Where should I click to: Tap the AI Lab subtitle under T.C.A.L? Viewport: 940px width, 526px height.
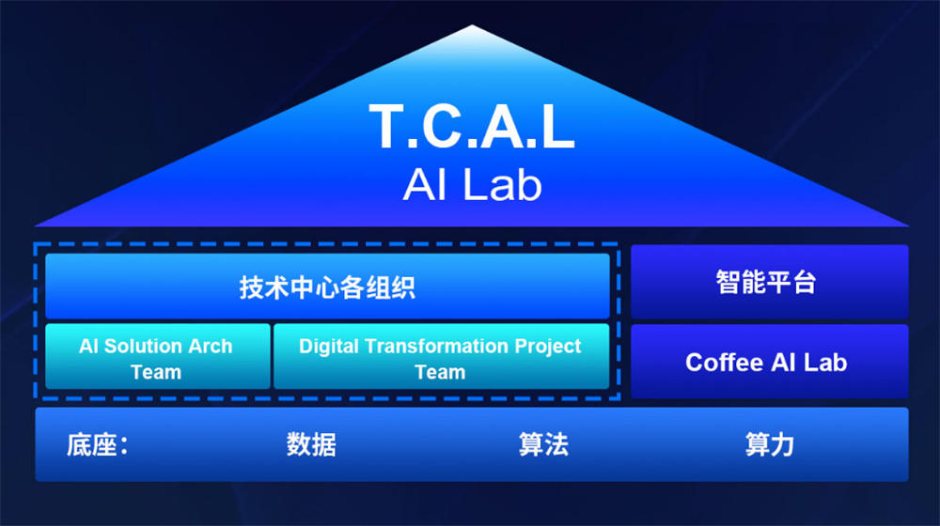click(x=472, y=185)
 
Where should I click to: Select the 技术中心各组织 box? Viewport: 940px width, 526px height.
click(x=327, y=286)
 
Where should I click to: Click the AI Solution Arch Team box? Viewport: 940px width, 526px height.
click(x=157, y=357)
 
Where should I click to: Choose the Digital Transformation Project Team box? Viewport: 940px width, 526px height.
click(x=441, y=357)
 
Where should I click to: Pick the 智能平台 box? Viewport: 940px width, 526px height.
click(x=768, y=282)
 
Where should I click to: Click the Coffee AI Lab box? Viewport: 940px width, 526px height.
click(x=768, y=362)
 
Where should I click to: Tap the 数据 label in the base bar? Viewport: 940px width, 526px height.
click(x=311, y=444)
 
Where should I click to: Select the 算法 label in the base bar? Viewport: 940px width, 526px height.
click(x=543, y=444)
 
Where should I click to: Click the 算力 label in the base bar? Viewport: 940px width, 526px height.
click(x=770, y=444)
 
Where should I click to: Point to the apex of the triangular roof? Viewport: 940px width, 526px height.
click(x=472, y=27)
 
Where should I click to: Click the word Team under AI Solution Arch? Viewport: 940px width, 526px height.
click(x=156, y=372)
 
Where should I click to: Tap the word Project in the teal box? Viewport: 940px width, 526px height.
click(x=547, y=346)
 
